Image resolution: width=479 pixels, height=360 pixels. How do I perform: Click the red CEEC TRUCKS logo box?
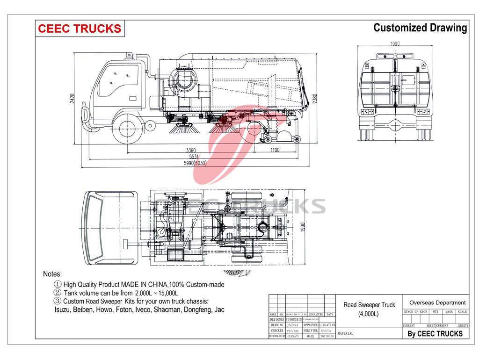(x=79, y=29)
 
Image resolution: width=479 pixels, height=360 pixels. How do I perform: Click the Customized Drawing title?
(x=420, y=28)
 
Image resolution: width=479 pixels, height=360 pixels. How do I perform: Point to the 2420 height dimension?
(x=73, y=99)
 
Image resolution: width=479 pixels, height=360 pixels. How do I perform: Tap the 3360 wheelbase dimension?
(x=190, y=150)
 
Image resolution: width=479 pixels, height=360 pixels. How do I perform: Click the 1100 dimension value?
(x=274, y=150)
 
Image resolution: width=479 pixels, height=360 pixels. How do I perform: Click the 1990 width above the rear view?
(x=396, y=43)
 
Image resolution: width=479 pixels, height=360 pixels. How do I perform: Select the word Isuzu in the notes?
(x=64, y=310)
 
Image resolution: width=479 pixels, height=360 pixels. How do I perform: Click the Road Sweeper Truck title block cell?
(x=369, y=309)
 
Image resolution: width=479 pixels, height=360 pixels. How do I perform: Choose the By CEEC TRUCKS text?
(x=435, y=333)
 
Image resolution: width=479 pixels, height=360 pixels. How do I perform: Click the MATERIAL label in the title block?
(x=345, y=333)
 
